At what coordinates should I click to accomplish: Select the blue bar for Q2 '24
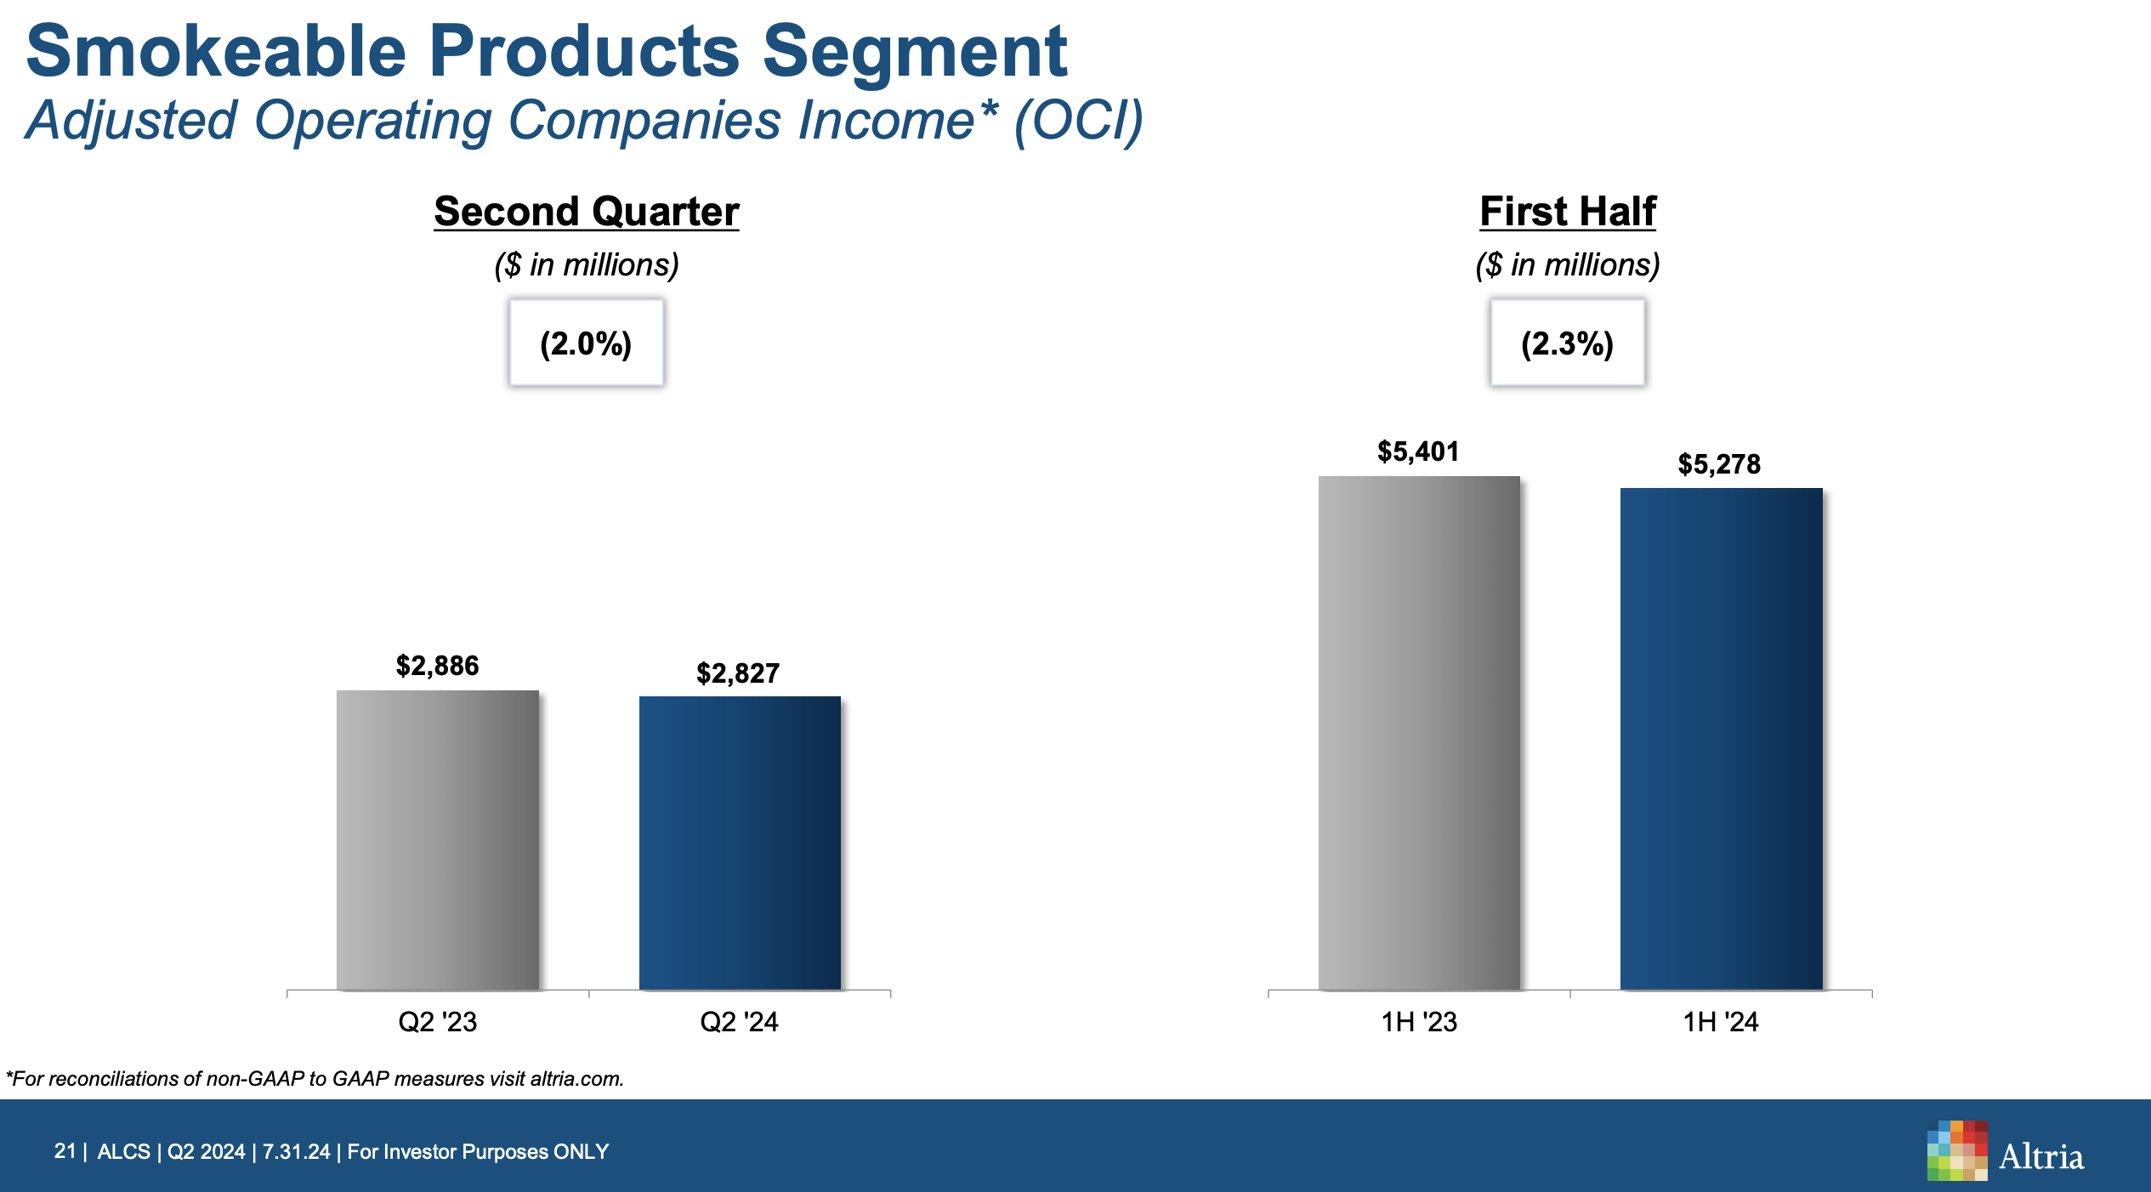pos(740,843)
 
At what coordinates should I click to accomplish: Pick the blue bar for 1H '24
pos(1721,739)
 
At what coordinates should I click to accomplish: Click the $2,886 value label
pos(438,666)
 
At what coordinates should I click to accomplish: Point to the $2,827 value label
pos(738,673)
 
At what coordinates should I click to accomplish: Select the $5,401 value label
pos(1418,451)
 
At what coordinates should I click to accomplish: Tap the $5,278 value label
pos(1719,464)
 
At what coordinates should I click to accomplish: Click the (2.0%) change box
pos(587,343)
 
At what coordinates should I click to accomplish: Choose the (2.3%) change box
pos(1567,343)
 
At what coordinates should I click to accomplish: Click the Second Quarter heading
pos(587,212)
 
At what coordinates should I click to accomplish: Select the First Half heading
pos(1568,212)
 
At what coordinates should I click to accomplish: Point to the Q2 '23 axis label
pos(438,1021)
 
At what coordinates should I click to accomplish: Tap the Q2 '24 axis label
pos(739,1021)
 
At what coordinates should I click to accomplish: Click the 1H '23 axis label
pos(1419,1021)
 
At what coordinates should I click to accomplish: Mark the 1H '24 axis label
pos(1721,1021)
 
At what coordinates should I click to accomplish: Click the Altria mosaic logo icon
pos(1957,1150)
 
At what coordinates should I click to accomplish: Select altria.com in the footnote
pos(576,1079)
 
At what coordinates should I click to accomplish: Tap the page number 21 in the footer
pos(65,1151)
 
